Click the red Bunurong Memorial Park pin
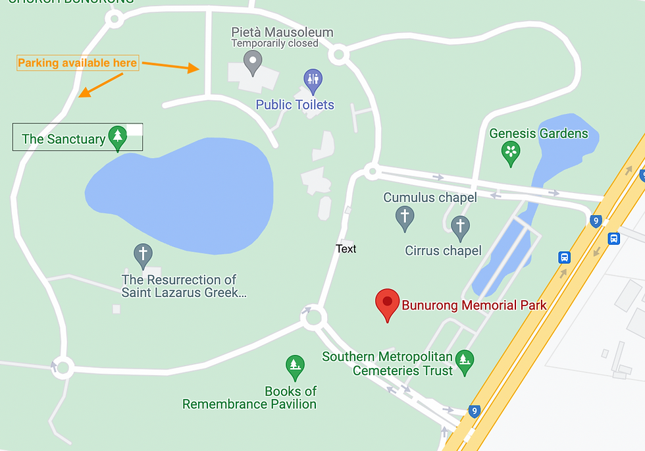pyautogui.click(x=387, y=303)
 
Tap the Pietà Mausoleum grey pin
pyautogui.click(x=252, y=63)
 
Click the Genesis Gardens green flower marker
pyautogui.click(x=511, y=153)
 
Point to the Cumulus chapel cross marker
pyautogui.click(x=405, y=217)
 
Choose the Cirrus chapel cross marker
pyautogui.click(x=460, y=226)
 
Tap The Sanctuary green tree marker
pyautogui.click(x=118, y=137)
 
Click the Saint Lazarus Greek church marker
pyautogui.click(x=143, y=253)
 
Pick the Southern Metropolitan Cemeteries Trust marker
pyautogui.click(x=465, y=360)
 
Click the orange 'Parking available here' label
pyautogui.click(x=78, y=63)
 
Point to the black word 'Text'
pyautogui.click(x=346, y=249)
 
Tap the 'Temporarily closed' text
pyautogui.click(x=274, y=43)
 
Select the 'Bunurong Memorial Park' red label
pyautogui.click(x=474, y=305)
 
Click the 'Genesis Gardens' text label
pyautogui.click(x=538, y=134)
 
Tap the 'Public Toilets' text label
pyautogui.click(x=295, y=105)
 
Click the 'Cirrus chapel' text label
pyautogui.click(x=443, y=251)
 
